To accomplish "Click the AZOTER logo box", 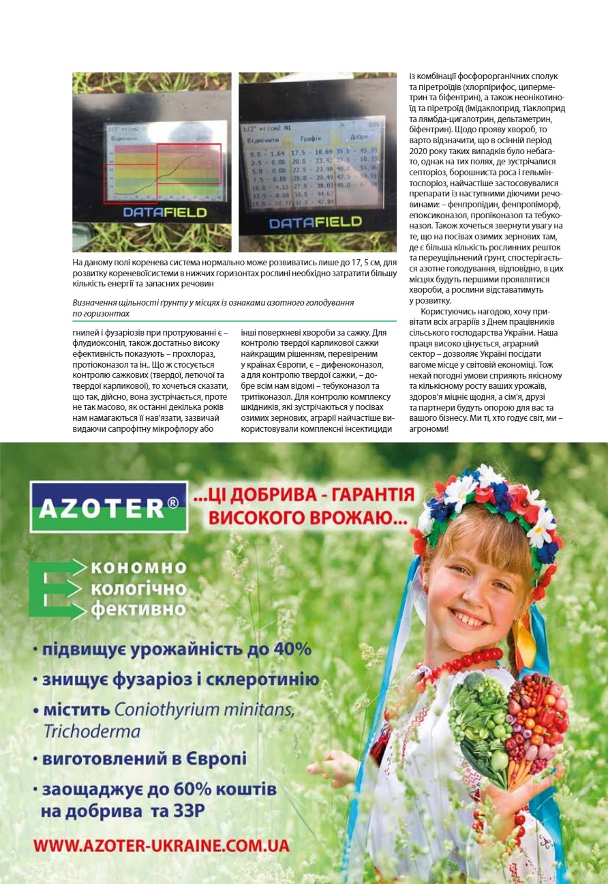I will (x=109, y=507).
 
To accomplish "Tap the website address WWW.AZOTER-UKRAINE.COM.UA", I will (x=162, y=845).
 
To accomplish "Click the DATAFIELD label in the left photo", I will (x=164, y=212).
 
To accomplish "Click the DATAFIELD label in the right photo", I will (x=314, y=222).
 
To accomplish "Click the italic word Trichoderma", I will (x=91, y=732).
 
